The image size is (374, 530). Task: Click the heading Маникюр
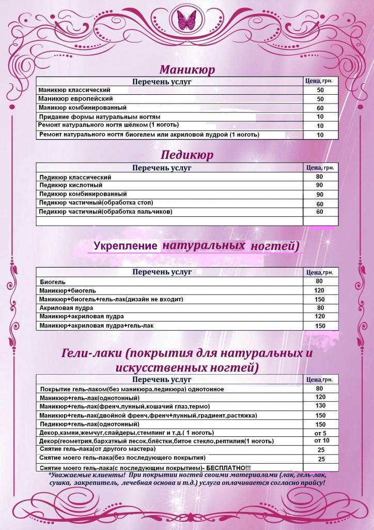(x=187, y=69)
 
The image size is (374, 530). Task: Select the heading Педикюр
(x=187, y=155)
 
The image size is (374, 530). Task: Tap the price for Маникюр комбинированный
(x=320, y=108)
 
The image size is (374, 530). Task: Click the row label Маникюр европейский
(x=75, y=98)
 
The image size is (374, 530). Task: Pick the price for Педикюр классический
(x=320, y=176)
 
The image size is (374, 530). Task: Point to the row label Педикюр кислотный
(x=71, y=185)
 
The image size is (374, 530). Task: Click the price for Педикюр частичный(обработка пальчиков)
(x=320, y=212)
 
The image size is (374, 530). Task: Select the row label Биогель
(x=53, y=282)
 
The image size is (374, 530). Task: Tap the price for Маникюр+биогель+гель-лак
(x=320, y=300)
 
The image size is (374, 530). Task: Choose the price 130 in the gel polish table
(x=320, y=406)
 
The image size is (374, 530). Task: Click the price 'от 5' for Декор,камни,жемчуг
(x=320, y=433)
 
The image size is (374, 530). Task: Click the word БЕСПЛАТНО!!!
(x=228, y=467)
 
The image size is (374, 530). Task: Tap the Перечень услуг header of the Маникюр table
(x=162, y=82)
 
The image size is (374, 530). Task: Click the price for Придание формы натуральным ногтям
(x=320, y=117)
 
